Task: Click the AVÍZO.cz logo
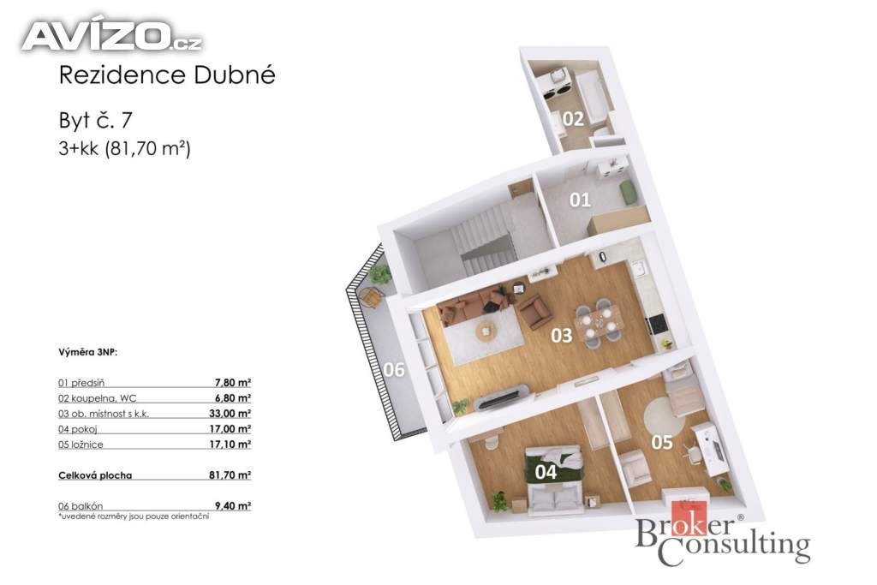click(x=112, y=35)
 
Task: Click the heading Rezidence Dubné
click(x=167, y=75)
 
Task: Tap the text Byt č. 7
click(x=95, y=120)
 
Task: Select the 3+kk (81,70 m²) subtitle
click(x=124, y=149)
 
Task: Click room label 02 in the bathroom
click(x=573, y=118)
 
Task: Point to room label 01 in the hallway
click(x=580, y=200)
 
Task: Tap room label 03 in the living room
click(x=562, y=335)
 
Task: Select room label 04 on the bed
click(x=546, y=472)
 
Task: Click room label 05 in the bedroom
click(x=662, y=442)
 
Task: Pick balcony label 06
click(x=394, y=370)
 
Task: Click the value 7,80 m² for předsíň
click(x=233, y=383)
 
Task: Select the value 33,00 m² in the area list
click(x=230, y=414)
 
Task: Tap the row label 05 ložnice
click(x=81, y=445)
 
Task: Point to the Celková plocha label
click(x=95, y=475)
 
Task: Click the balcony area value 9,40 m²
click(x=233, y=506)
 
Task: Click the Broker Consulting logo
click(x=722, y=534)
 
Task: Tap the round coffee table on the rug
click(x=486, y=332)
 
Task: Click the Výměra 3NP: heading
click(x=88, y=352)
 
